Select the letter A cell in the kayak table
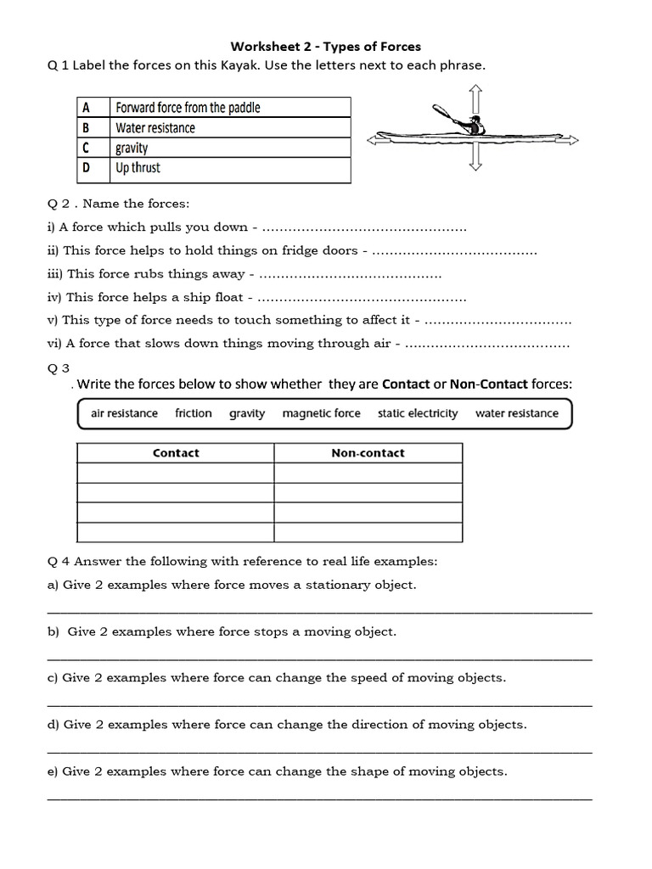pyautogui.click(x=86, y=107)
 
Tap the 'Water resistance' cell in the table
pyautogui.click(x=155, y=128)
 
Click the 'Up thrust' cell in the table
pyautogui.click(x=138, y=168)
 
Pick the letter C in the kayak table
pyautogui.click(x=86, y=148)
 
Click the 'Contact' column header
pyautogui.click(x=176, y=453)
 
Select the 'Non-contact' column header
pyautogui.click(x=368, y=453)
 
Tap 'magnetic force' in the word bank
pyautogui.click(x=321, y=413)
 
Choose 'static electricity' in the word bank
pyautogui.click(x=418, y=413)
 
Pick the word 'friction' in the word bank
pyautogui.click(x=194, y=413)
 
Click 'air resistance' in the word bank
pyautogui.click(x=124, y=413)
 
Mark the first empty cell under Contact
pyautogui.click(x=176, y=474)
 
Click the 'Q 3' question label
pyautogui.click(x=59, y=367)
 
